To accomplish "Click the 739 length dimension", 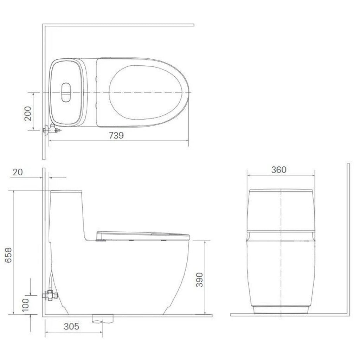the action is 116,135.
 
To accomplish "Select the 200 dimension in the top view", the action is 28,114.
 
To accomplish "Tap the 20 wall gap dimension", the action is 18,172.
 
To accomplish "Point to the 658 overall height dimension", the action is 8,255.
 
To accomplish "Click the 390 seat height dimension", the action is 200,279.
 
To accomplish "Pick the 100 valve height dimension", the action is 25,305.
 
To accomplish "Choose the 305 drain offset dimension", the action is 71,326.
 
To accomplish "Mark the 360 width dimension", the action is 279,170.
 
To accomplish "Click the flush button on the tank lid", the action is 66,92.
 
